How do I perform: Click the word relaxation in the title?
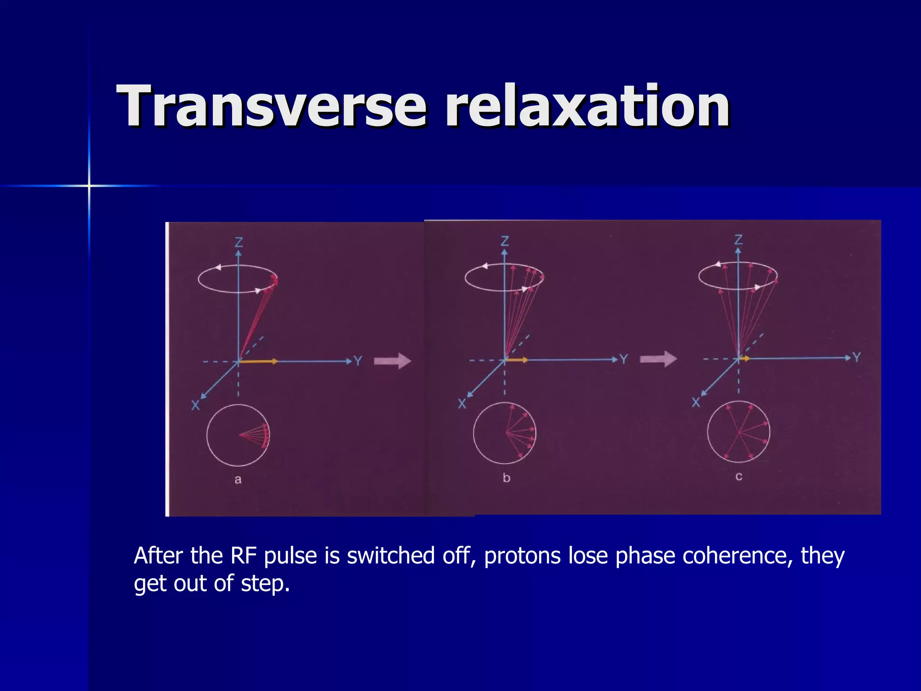click(x=587, y=107)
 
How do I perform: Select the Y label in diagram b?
click(x=624, y=359)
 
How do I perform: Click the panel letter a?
click(x=238, y=480)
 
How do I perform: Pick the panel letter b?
click(x=506, y=478)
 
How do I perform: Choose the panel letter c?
click(x=739, y=476)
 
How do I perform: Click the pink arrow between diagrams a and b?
click(x=392, y=361)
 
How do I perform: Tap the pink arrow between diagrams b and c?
click(x=658, y=359)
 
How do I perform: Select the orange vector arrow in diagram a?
click(x=259, y=361)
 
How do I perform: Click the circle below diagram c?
click(x=738, y=431)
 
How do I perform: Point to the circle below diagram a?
click(x=238, y=435)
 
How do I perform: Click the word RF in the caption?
click(x=243, y=556)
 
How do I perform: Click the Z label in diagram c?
click(x=738, y=240)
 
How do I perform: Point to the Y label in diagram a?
click(x=358, y=361)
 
